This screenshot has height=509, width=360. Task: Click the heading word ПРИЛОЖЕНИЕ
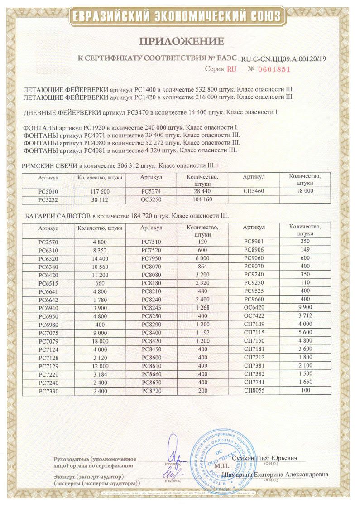pos(182,42)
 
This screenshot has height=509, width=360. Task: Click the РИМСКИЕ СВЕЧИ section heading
pos(46,166)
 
